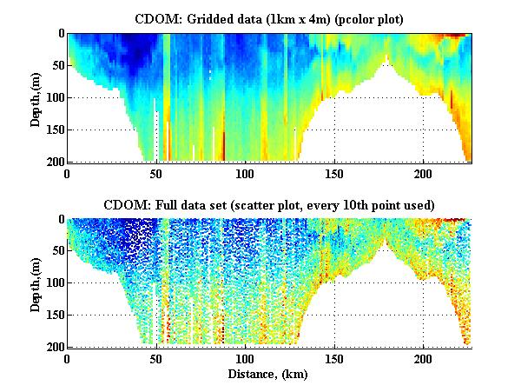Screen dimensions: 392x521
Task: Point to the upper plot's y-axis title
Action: [x=36, y=97]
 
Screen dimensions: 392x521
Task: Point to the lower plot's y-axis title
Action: [x=36, y=283]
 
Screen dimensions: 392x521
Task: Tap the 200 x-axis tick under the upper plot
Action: [x=424, y=173]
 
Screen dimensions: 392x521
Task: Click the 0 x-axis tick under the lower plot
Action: [x=68, y=359]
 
